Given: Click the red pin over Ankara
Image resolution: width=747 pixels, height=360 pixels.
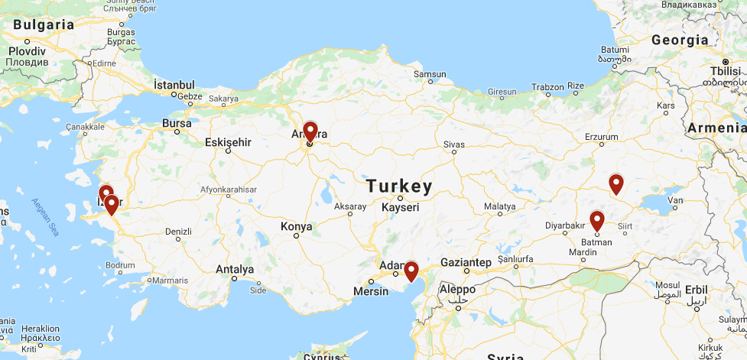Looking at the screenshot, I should [x=310, y=132].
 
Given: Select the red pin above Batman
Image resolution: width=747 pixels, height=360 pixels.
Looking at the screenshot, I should [x=597, y=220].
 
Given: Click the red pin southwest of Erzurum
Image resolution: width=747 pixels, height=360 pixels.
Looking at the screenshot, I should [x=615, y=183].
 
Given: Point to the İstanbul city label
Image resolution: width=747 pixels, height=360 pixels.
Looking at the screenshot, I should [x=174, y=85].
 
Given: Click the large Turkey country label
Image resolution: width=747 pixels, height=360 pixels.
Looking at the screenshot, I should [x=398, y=186].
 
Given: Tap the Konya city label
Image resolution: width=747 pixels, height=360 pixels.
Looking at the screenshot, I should [x=297, y=226].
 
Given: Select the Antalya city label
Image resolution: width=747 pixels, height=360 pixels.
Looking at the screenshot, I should [x=235, y=269].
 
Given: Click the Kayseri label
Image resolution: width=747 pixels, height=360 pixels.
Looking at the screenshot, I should [x=401, y=207].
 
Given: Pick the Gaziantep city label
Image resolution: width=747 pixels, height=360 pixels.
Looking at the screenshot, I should [x=466, y=262].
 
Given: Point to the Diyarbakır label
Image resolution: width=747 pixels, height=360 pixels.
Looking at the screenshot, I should [x=564, y=225].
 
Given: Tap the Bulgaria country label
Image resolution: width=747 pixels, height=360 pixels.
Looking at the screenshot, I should [x=44, y=24].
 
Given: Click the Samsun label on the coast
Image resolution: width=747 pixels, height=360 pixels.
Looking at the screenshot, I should [x=429, y=74].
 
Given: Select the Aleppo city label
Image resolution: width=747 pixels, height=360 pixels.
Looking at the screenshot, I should [x=457, y=290].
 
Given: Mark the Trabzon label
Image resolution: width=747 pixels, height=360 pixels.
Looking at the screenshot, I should [x=548, y=86].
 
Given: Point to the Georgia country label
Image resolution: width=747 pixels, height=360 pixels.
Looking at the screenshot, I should [x=680, y=40].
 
